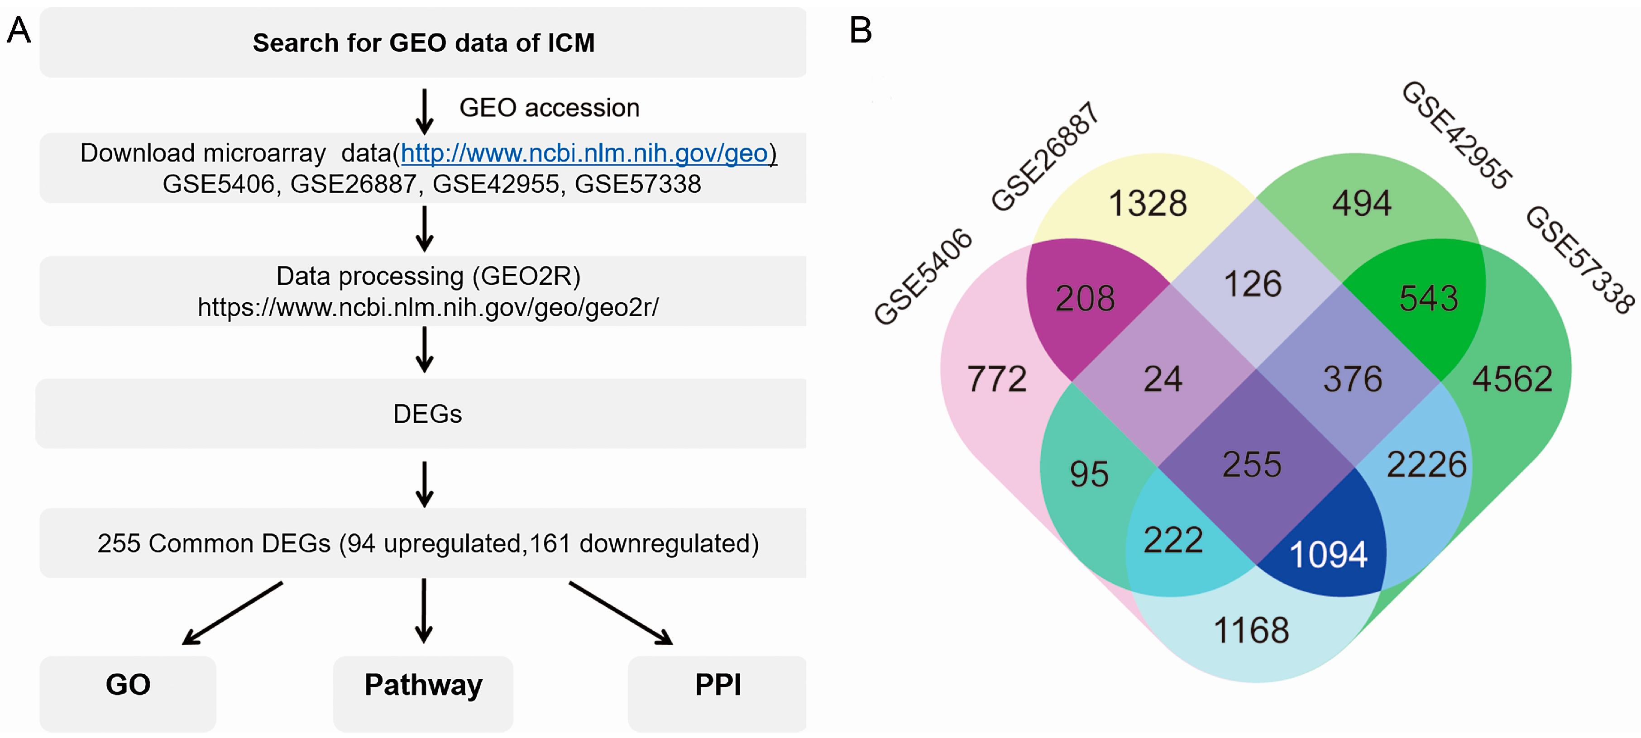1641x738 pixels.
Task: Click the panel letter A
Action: (19, 30)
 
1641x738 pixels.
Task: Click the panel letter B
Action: (860, 30)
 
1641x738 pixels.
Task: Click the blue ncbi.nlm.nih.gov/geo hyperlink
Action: (584, 153)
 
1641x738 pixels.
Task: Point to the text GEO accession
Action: (549, 108)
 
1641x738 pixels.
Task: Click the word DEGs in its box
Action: (427, 414)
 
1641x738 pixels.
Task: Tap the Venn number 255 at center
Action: (1251, 464)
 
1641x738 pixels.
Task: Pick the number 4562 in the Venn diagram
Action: (1512, 380)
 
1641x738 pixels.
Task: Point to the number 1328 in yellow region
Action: (1147, 204)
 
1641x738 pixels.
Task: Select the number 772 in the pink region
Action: (997, 380)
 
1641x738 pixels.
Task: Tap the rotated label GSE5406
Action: (923, 277)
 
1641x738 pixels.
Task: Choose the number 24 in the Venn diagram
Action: (1163, 380)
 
